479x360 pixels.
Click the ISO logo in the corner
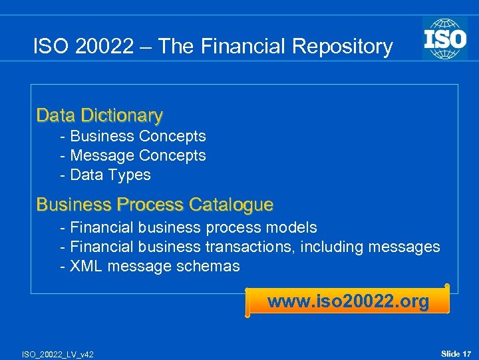[x=445, y=38]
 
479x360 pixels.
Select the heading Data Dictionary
[x=99, y=115]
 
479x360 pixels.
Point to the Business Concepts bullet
[x=133, y=136]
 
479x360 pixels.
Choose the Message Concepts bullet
[x=133, y=155]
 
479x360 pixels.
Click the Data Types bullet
[x=106, y=175]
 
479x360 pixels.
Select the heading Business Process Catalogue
[x=154, y=204]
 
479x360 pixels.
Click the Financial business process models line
[x=188, y=227]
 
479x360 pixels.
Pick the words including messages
[x=370, y=247]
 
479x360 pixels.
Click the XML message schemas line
[x=150, y=266]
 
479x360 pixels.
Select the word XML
[x=86, y=266]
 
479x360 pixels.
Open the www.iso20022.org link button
[x=348, y=301]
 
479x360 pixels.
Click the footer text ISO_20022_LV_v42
[x=57, y=354]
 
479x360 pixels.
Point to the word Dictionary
[x=121, y=115]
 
